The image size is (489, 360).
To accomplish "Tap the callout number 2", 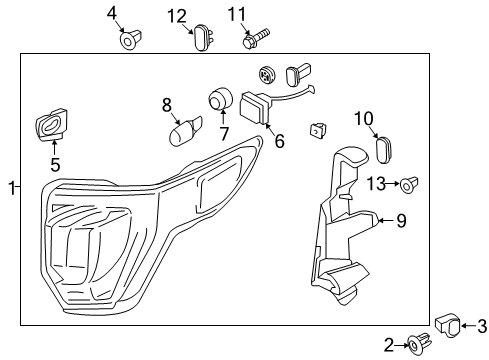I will [390, 345].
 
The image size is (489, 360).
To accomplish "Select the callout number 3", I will [480, 325].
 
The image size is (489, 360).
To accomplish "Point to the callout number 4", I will [112, 14].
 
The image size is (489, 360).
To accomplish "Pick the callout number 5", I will [55, 165].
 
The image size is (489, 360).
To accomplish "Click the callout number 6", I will [279, 141].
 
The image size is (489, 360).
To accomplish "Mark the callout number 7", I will [224, 132].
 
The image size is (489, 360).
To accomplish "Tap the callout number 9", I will [401, 219].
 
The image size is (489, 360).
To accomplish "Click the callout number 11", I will [236, 14].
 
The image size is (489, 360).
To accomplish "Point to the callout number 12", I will [176, 15].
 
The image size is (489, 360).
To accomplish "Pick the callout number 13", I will [375, 182].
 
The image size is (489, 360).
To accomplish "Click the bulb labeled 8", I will [184, 131].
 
